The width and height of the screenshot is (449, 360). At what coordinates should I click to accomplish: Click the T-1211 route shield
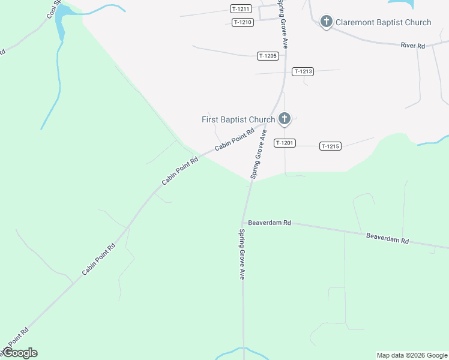tap(240, 8)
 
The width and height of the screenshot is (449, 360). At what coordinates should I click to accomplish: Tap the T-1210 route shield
tap(243, 22)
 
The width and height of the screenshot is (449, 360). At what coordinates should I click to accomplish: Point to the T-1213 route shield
tap(303, 71)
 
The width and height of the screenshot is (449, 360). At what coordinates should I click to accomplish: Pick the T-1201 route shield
tap(284, 143)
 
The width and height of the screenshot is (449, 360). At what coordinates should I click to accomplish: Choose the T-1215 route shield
tap(330, 146)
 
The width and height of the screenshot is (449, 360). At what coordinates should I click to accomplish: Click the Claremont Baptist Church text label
tap(383, 23)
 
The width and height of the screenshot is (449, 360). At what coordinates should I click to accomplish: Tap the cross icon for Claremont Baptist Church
tap(326, 22)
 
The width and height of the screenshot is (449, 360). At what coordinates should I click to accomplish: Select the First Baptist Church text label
tap(238, 119)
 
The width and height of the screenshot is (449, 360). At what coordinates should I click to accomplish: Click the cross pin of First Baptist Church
tap(285, 118)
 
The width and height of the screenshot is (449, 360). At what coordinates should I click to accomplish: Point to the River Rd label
tap(412, 46)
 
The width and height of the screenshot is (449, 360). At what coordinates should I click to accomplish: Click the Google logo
tap(20, 353)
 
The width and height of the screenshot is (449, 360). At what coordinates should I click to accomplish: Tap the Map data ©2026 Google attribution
tap(412, 355)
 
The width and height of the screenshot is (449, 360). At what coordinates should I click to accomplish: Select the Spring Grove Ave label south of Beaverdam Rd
tap(242, 254)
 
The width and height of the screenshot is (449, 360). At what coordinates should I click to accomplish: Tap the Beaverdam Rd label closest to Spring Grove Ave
tap(270, 223)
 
